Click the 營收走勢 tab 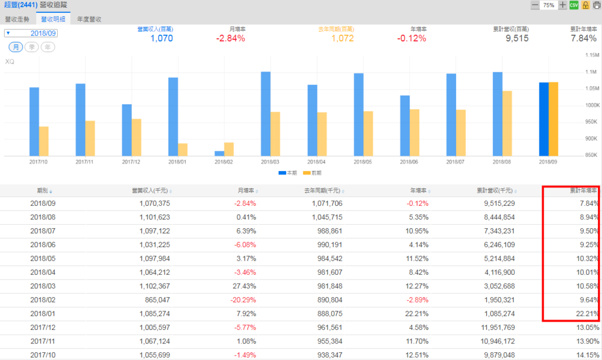point(18,19)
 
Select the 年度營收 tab point(89,19)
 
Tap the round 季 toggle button point(32,47)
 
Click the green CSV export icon point(574,5)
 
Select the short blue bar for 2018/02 point(219,154)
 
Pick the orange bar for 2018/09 point(554,119)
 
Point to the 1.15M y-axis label point(591,55)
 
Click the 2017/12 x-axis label point(131,161)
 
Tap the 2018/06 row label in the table point(42,245)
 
